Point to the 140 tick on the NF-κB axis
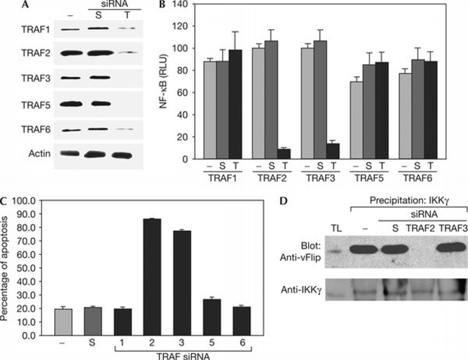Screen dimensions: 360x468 point(179,5)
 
